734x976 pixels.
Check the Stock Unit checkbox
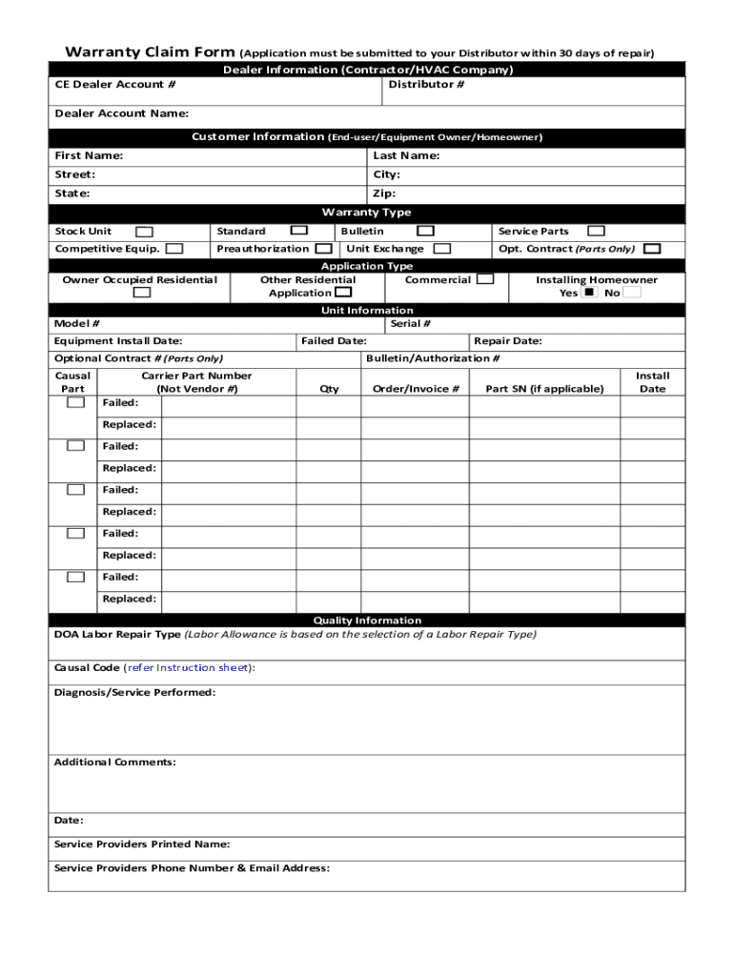pos(144,232)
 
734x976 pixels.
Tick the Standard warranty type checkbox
pos(298,231)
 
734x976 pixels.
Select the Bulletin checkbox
pos(425,231)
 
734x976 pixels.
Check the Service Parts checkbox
pos(596,231)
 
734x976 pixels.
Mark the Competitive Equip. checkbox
pos(174,249)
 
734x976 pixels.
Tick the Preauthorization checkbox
pos(324,249)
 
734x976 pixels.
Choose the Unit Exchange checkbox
pos(441,249)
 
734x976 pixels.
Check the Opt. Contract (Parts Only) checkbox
pos(652,249)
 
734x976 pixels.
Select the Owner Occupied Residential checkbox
pos(141,294)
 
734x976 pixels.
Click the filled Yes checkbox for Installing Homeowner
pos(589,294)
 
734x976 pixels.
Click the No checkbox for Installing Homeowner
pos(632,294)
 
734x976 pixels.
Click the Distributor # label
pos(426,85)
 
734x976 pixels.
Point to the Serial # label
pos(410,324)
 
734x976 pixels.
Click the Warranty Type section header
pos(366,213)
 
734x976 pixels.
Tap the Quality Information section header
pos(366,620)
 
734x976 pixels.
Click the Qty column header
pos(329,389)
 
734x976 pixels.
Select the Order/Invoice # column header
pos(416,389)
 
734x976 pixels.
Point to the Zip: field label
pos(384,193)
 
